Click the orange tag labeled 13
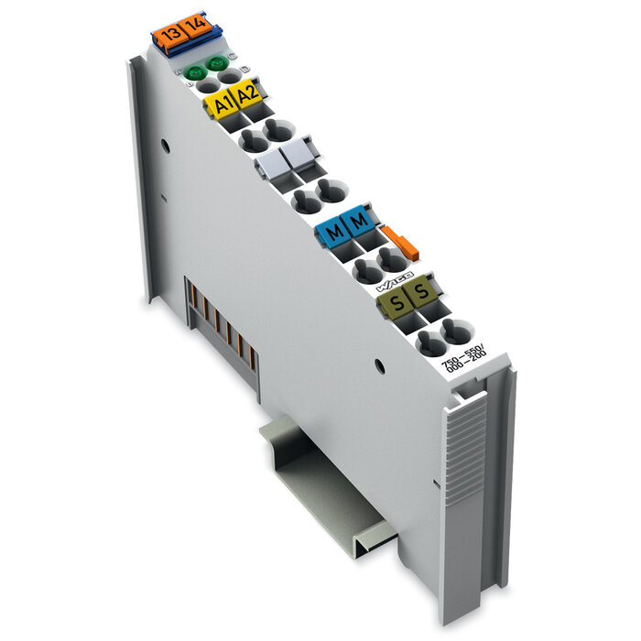click(x=168, y=36)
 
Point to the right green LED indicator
click(x=218, y=64)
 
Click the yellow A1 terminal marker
click(x=221, y=104)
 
